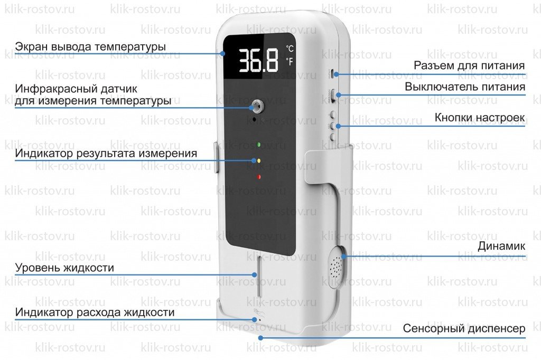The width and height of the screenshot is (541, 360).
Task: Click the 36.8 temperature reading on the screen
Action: pos(259,60)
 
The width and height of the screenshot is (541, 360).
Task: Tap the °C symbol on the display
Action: pos(290,48)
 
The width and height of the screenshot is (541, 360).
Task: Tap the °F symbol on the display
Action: pos(289,61)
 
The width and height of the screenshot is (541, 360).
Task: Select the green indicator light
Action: pos(258,145)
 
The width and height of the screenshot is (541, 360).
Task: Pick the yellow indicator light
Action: pos(258,160)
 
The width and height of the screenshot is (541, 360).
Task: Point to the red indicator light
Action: pos(259,177)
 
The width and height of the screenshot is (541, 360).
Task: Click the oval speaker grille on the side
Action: pos(335,267)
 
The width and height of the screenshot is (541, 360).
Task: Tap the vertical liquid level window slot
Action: pos(259,278)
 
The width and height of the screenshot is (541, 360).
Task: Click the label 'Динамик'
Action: pos(501,246)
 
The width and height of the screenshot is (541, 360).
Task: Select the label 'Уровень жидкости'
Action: pos(64,268)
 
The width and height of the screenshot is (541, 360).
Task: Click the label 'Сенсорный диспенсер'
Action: pos(464,328)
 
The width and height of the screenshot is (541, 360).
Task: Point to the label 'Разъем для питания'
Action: pos(469,65)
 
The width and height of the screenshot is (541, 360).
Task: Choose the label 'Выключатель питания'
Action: pos(465,87)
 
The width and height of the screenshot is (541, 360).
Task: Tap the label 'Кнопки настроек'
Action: pos(480,118)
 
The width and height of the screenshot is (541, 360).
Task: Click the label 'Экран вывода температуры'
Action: pos(90,46)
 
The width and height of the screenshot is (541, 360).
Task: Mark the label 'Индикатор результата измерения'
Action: pos(106,153)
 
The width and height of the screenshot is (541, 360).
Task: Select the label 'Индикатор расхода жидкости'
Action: pos(95,312)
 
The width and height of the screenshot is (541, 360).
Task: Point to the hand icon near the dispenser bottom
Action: pos(258,312)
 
